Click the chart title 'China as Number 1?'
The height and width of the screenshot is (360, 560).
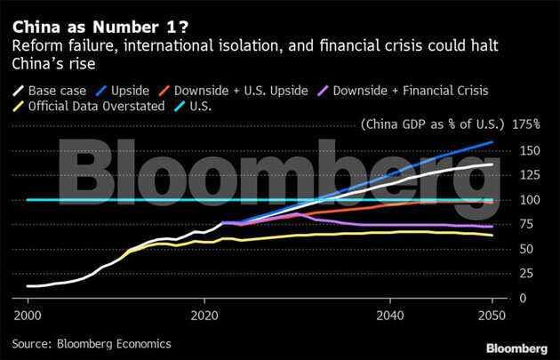pos(72,12)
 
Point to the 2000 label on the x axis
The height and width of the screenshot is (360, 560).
pos(28,315)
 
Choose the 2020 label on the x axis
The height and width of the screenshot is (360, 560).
pos(205,315)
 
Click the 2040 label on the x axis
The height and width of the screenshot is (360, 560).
pos(391,315)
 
